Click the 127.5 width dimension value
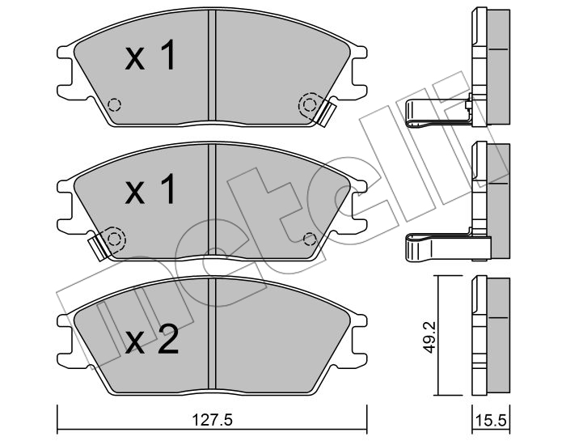(212, 420)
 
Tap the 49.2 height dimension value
(429, 337)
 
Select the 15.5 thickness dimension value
(492, 421)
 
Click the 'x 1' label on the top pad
(150, 55)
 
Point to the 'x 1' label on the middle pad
(150, 189)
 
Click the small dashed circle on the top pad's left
(115, 104)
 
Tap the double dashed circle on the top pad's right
(310, 104)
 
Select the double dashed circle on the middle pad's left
(115, 239)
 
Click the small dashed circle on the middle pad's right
(310, 239)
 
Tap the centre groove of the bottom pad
(212, 333)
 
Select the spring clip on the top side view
(439, 113)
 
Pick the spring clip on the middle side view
(448, 247)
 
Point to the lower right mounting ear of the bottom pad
(358, 359)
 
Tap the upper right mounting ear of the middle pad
(358, 186)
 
